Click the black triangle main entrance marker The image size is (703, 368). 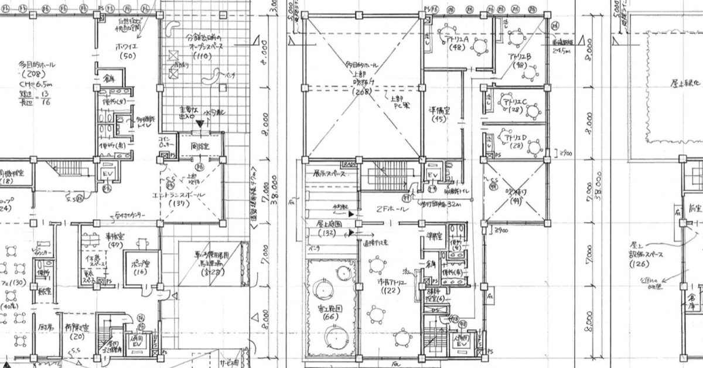tap(199, 124)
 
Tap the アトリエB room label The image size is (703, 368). tap(520, 60)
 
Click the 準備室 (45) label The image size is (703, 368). tap(439, 113)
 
